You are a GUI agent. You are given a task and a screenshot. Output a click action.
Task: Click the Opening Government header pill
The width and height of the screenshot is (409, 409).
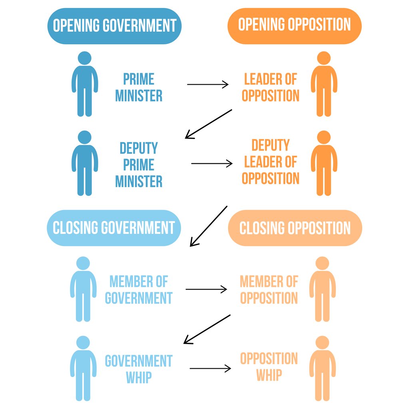pos(114,26)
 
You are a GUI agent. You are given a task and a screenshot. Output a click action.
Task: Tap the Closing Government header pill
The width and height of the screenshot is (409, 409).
pos(114,228)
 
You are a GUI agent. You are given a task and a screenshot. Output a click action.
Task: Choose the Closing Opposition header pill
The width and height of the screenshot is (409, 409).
pos(295,228)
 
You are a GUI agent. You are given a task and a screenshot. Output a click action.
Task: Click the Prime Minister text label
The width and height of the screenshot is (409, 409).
pos(139,87)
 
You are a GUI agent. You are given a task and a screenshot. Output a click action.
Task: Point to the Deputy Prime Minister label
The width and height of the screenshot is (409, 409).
pos(139,165)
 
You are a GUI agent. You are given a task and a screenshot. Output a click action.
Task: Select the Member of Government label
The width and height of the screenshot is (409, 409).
pos(139,290)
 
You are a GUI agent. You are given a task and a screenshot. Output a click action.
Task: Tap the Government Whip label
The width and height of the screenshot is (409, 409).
pos(139,369)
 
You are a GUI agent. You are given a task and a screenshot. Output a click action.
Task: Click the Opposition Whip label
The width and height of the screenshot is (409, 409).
pos(269,367)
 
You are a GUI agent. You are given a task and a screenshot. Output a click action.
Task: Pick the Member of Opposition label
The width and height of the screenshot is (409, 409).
pos(269,290)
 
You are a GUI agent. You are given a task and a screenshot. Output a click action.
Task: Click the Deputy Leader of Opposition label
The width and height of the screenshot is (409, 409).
pos(270,162)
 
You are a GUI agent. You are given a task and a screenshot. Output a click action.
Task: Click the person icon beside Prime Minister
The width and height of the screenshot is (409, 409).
pos(85,84)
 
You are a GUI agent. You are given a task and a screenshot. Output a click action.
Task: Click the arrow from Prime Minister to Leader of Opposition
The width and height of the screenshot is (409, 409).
pos(208,84)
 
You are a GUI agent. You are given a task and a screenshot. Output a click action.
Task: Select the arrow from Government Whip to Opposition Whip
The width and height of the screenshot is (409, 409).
pos(210,368)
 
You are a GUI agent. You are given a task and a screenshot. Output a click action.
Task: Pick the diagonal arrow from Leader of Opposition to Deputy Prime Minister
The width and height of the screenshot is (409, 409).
pos(208,124)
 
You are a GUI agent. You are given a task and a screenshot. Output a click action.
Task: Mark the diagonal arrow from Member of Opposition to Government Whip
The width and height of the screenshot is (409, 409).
pos(207,329)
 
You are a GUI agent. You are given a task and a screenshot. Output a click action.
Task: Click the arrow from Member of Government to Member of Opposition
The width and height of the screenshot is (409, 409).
pos(206,290)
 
